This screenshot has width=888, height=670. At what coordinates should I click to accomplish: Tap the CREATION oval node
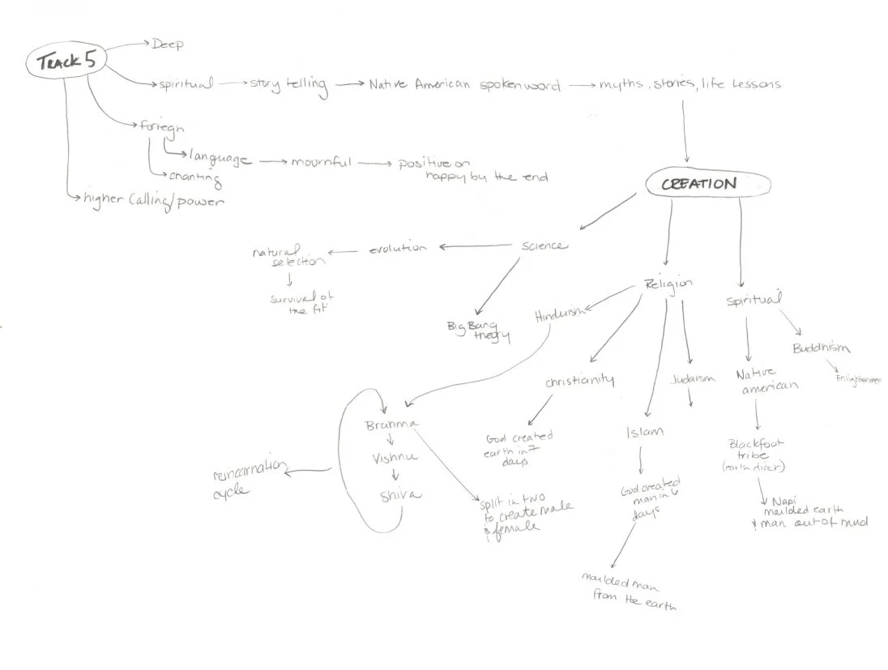click(698, 184)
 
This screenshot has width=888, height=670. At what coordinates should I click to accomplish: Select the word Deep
click(169, 44)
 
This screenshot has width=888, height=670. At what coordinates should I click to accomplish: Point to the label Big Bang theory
click(480, 331)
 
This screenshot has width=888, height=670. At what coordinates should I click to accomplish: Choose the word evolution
click(398, 248)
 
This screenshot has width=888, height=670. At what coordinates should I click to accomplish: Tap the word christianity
click(578, 380)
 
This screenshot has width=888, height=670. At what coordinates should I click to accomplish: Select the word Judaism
click(694, 378)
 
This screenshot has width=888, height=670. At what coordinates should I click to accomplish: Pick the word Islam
click(644, 431)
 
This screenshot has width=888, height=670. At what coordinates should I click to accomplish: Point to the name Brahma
click(390, 424)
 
